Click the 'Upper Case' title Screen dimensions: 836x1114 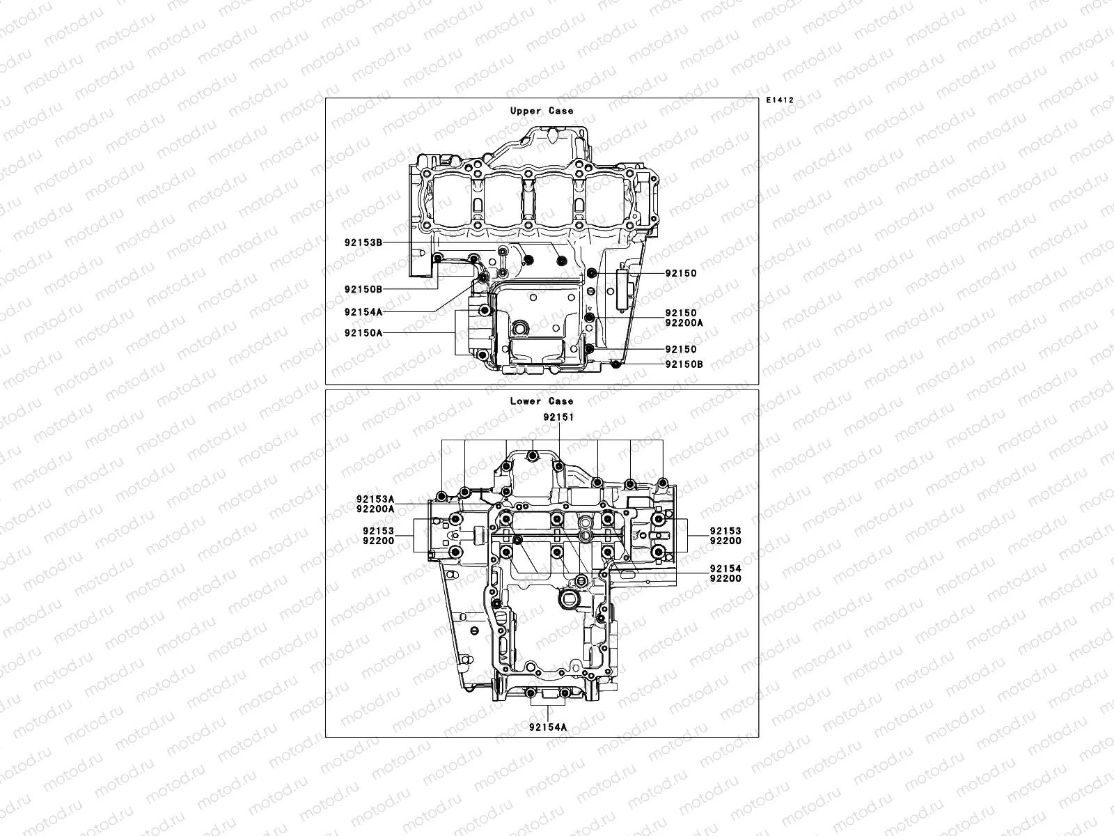point(542,111)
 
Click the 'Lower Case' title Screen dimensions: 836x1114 point(542,401)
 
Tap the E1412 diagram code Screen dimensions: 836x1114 point(780,100)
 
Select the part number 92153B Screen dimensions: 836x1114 point(363,243)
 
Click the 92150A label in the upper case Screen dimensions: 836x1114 point(363,333)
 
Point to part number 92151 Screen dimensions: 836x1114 point(558,417)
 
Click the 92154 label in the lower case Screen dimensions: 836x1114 point(725,568)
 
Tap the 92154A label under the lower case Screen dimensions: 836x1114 point(547,727)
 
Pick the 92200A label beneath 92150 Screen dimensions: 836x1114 point(684,323)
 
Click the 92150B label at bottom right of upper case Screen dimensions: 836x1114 point(684,364)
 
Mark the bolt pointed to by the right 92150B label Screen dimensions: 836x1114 point(614,364)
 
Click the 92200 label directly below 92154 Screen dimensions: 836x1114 point(725,578)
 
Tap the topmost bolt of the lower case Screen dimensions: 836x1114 point(533,457)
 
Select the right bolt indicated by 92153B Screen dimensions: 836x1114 point(562,261)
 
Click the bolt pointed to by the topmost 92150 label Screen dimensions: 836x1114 point(591,273)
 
